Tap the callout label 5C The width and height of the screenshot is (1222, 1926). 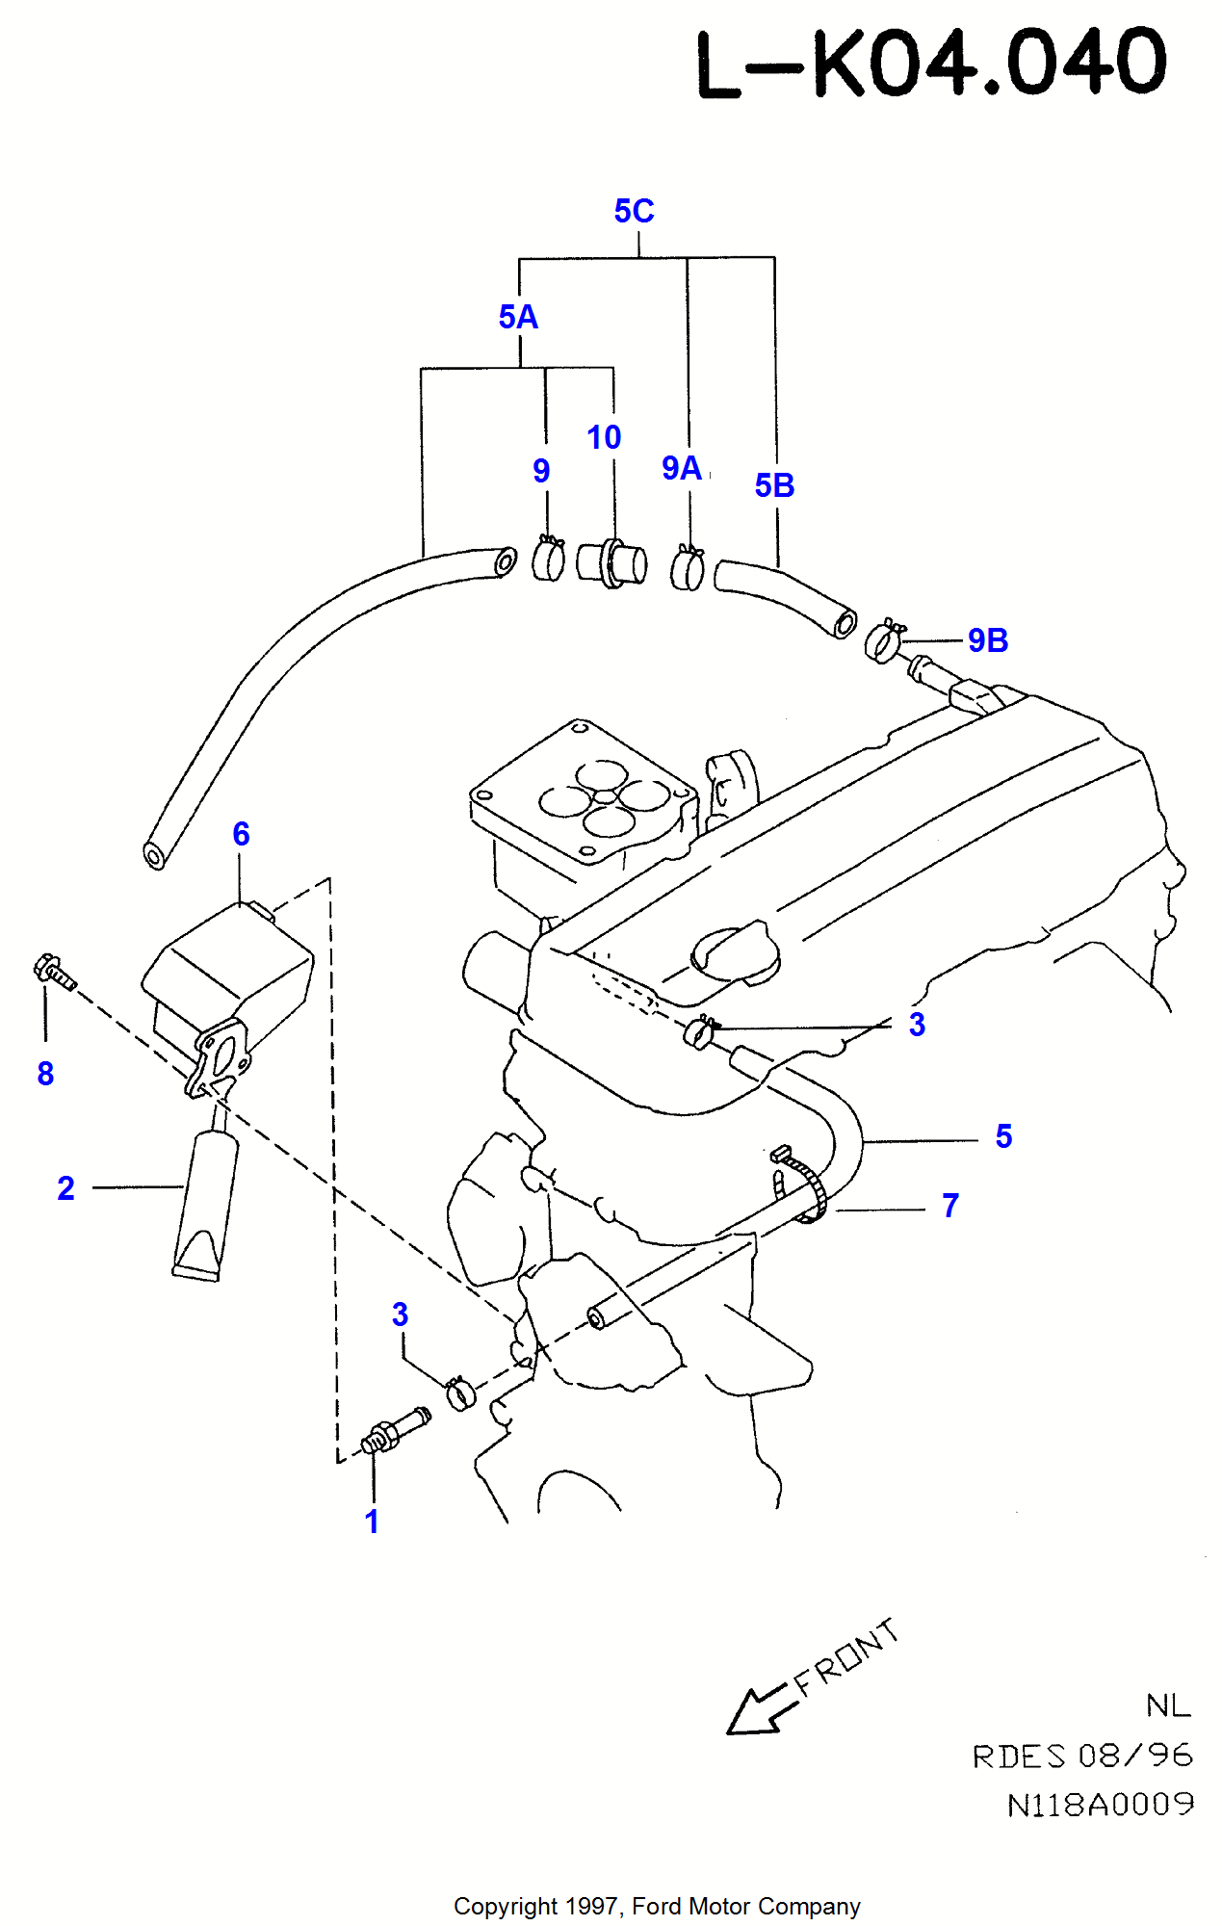[x=634, y=211]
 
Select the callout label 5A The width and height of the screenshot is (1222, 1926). [x=518, y=317]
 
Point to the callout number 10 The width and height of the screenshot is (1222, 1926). [x=604, y=437]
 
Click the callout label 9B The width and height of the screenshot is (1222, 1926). [x=988, y=640]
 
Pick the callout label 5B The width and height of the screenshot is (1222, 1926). [x=774, y=485]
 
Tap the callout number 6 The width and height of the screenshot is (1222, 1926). [x=241, y=834]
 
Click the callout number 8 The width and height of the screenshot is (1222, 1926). [x=45, y=1074]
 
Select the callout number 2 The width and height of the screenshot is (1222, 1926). [x=65, y=1188]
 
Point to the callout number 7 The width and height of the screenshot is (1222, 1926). [x=950, y=1206]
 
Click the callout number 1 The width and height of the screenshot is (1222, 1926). [x=372, y=1522]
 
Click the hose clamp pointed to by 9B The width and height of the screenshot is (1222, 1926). [x=883, y=642]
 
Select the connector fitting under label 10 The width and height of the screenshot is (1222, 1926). [x=611, y=563]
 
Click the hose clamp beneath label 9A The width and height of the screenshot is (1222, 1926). [x=688, y=568]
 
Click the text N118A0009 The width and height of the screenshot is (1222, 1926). [x=1101, y=1805]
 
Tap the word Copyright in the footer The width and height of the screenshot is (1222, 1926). [x=506, y=1906]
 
